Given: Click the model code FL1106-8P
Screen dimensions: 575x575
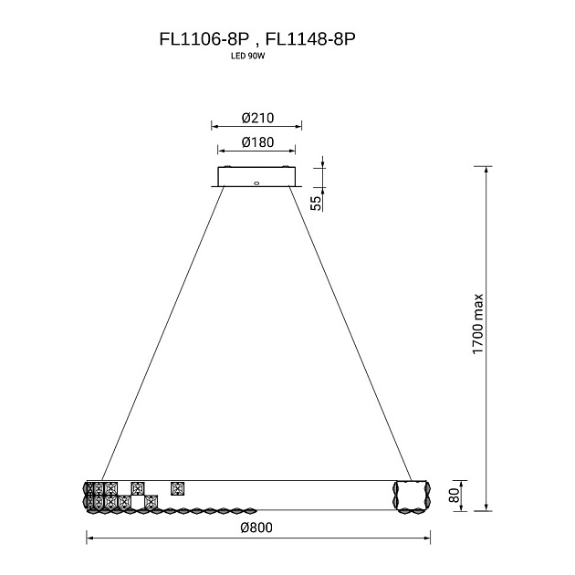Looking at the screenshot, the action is [204, 39].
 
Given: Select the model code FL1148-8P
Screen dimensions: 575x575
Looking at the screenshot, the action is [310, 39].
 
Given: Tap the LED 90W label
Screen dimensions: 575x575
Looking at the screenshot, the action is [247, 57].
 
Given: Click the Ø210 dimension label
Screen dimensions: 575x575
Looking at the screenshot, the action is [257, 118].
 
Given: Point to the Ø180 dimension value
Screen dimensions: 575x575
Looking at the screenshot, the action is [257, 142].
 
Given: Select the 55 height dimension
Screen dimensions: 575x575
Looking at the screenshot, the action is [316, 204].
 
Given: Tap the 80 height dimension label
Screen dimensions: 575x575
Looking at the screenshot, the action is [454, 496].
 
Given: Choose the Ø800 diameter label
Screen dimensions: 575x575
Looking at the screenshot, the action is [256, 528].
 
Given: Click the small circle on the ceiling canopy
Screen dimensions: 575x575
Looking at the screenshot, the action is [256, 183].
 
